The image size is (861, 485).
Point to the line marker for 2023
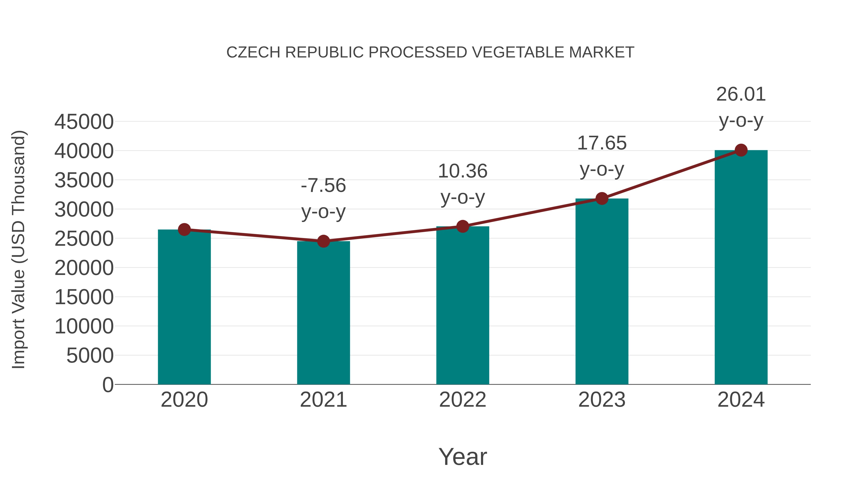point(602,199)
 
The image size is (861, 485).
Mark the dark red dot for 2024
point(741,150)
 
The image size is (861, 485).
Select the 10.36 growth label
point(463,171)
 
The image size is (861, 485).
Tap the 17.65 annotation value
point(602,143)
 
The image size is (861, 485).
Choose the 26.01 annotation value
point(741,94)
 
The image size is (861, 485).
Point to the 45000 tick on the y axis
point(84,122)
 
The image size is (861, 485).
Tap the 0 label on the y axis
point(108,385)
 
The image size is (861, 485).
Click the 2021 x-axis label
point(323,400)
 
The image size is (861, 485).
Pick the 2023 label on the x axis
point(602,400)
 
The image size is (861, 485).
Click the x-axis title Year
point(463,456)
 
